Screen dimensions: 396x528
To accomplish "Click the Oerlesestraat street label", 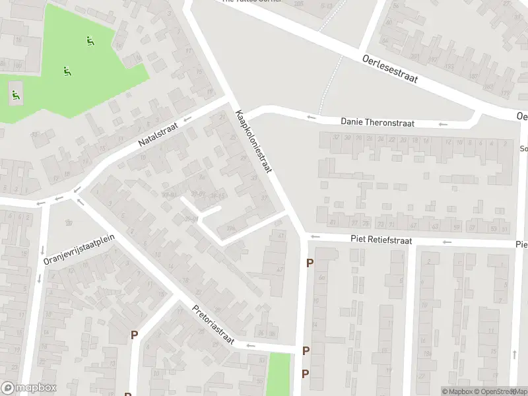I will tap(390, 68).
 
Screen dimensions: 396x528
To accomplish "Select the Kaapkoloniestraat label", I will tap(253, 142).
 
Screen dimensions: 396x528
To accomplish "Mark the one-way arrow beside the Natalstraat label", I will tap(187, 119).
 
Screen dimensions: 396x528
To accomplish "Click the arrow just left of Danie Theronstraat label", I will tap(311, 118).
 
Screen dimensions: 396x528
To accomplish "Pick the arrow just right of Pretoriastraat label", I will tap(250, 345).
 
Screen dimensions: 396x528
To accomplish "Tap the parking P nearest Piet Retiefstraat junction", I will tap(310, 263).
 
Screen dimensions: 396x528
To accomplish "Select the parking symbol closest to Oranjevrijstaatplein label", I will tap(134, 335).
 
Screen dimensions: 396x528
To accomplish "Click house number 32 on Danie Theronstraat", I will tap(336, 138).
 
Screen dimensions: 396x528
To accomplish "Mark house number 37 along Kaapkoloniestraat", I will tap(265, 198).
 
